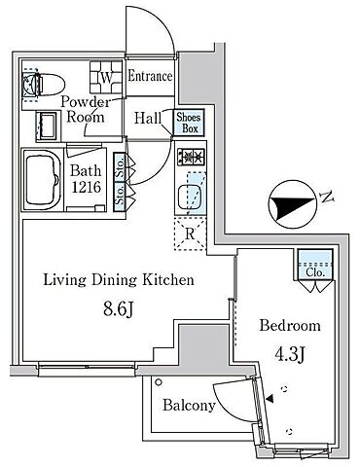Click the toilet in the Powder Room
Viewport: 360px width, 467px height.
[44, 85]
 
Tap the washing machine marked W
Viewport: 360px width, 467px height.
[106, 77]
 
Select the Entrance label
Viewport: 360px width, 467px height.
[150, 77]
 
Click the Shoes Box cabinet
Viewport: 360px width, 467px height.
[189, 123]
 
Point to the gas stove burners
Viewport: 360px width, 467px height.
[191, 156]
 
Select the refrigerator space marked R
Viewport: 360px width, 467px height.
[191, 233]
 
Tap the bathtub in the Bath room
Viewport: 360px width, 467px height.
[42, 180]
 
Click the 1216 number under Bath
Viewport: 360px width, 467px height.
[86, 187]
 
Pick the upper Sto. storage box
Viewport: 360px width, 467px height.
[120, 166]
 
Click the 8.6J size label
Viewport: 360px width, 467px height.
[119, 309]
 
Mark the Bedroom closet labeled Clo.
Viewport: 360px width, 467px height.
[315, 265]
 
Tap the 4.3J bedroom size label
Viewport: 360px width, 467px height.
[289, 354]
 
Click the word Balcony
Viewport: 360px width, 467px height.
[189, 406]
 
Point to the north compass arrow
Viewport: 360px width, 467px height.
[292, 204]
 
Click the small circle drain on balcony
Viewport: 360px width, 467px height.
[159, 382]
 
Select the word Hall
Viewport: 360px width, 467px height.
[148, 118]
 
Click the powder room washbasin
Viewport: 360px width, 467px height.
[48, 126]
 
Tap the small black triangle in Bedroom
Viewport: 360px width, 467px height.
[270, 399]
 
